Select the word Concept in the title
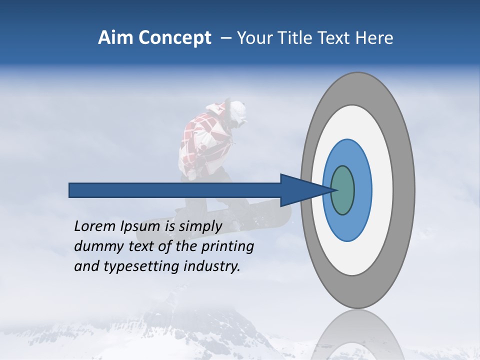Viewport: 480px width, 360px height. pyautogui.click(x=175, y=38)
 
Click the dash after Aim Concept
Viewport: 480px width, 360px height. pyautogui.click(x=225, y=38)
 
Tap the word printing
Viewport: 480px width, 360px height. pyautogui.click(x=227, y=246)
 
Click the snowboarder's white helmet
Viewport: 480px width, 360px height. pyautogui.click(x=236, y=111)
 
